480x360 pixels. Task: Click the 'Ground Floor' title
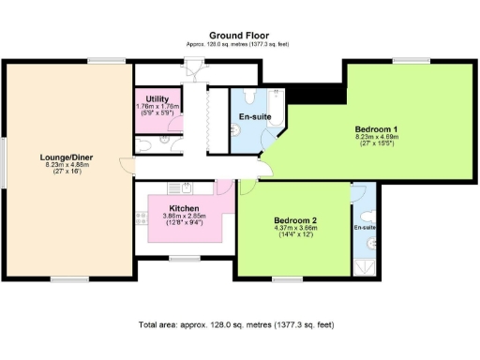click(240, 35)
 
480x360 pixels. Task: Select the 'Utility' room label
click(157, 98)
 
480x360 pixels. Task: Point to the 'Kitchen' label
click(184, 208)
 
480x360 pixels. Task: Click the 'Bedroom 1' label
click(376, 128)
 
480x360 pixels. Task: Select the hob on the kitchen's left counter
click(142, 218)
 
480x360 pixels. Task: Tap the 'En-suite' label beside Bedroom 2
click(365, 228)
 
